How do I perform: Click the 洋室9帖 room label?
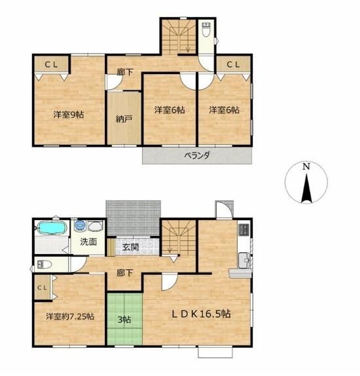[68, 115]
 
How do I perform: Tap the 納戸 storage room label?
[124, 119]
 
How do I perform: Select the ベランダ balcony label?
[197, 155]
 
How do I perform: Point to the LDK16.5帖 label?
[202, 313]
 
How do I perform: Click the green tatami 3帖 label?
[124, 320]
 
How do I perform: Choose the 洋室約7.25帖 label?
[70, 316]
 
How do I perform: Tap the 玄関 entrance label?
[130, 247]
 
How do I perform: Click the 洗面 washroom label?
[88, 242]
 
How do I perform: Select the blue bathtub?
[52, 227]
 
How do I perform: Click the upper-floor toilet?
[206, 29]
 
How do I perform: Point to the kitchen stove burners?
[243, 229]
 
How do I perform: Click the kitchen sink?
[243, 260]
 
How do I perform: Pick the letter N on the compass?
[306, 166]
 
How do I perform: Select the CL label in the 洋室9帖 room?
[52, 64]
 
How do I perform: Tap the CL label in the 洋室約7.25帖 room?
[42, 288]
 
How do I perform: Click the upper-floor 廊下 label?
[125, 72]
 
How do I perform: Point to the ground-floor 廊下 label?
[125, 273]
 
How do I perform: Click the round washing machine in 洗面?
[80, 225]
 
